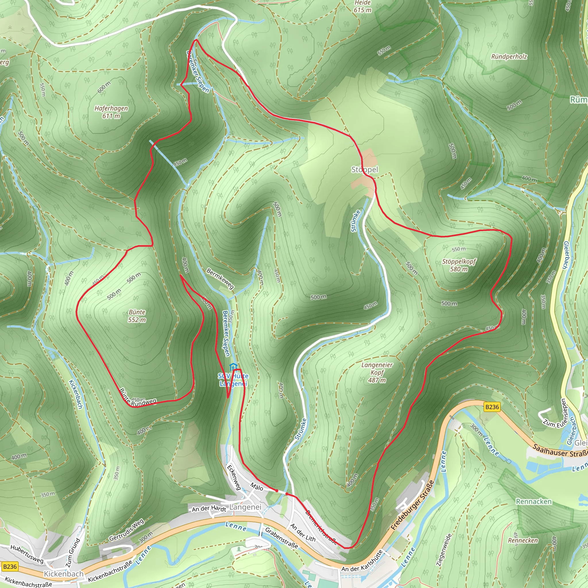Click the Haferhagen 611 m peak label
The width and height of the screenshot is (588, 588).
pyautogui.click(x=111, y=112)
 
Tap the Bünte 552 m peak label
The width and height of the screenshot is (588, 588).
pyautogui.click(x=137, y=316)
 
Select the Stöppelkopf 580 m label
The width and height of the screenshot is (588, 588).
pyautogui.click(x=459, y=265)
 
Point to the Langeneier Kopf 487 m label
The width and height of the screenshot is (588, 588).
pyautogui.click(x=377, y=372)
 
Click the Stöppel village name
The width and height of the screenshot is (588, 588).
pyautogui.click(x=365, y=169)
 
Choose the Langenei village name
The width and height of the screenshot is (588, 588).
pyautogui.click(x=245, y=507)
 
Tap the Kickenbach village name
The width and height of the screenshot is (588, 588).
pyautogui.click(x=64, y=574)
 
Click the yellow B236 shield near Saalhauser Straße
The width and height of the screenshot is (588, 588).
pyautogui.click(x=492, y=407)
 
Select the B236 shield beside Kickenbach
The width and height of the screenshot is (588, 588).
pyautogui.click(x=10, y=566)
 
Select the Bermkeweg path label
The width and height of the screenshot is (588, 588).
pyautogui.click(x=220, y=278)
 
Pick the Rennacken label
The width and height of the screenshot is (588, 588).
pyautogui.click(x=534, y=502)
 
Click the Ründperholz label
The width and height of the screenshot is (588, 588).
pyautogui.click(x=509, y=57)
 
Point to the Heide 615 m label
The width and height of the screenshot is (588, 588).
pyautogui.click(x=363, y=6)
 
